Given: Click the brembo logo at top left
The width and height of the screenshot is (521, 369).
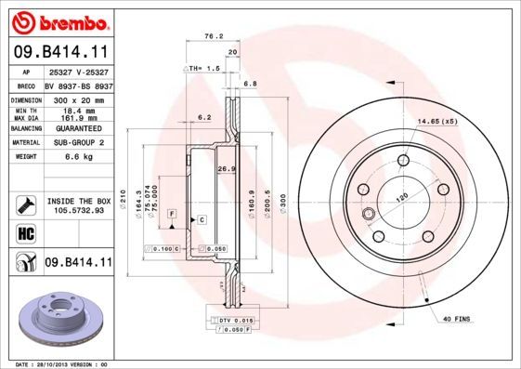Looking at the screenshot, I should [59, 20].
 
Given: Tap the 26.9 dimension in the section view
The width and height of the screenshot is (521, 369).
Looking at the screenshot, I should [223, 169].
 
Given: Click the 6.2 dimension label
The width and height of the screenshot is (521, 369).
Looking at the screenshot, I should [204, 117].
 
